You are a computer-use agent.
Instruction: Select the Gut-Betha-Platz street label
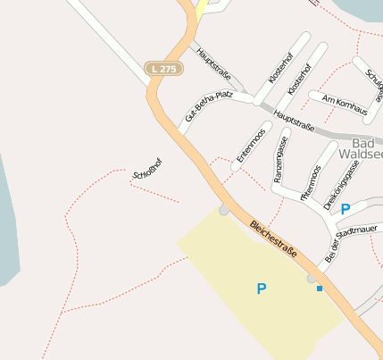(x=201, y=105)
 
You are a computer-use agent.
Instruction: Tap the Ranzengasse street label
(x=280, y=160)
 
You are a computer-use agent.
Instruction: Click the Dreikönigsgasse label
(x=342, y=185)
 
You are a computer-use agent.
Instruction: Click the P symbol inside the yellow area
(x=262, y=289)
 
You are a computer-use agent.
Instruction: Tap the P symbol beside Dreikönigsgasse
(x=346, y=208)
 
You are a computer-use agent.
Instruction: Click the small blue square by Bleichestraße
(x=320, y=289)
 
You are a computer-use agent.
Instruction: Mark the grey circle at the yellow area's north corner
(x=223, y=211)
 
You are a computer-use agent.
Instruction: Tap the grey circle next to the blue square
(x=312, y=279)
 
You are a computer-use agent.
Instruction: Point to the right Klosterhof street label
(x=298, y=80)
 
